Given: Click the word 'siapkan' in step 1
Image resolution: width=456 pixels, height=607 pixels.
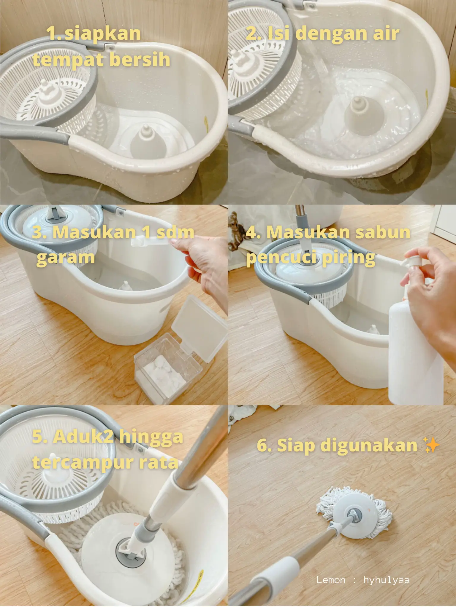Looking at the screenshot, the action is coord(103,34).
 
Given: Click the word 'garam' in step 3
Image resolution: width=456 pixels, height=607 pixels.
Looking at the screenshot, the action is coord(66,258).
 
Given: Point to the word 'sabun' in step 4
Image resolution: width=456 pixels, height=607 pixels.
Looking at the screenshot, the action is coord(383,232).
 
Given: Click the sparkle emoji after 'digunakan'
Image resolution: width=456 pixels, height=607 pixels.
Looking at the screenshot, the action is coord(432,445).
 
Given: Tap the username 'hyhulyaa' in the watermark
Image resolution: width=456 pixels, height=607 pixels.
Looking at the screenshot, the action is coord(386,580).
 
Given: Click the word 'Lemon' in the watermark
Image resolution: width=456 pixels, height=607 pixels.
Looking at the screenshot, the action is coord(331,580).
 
